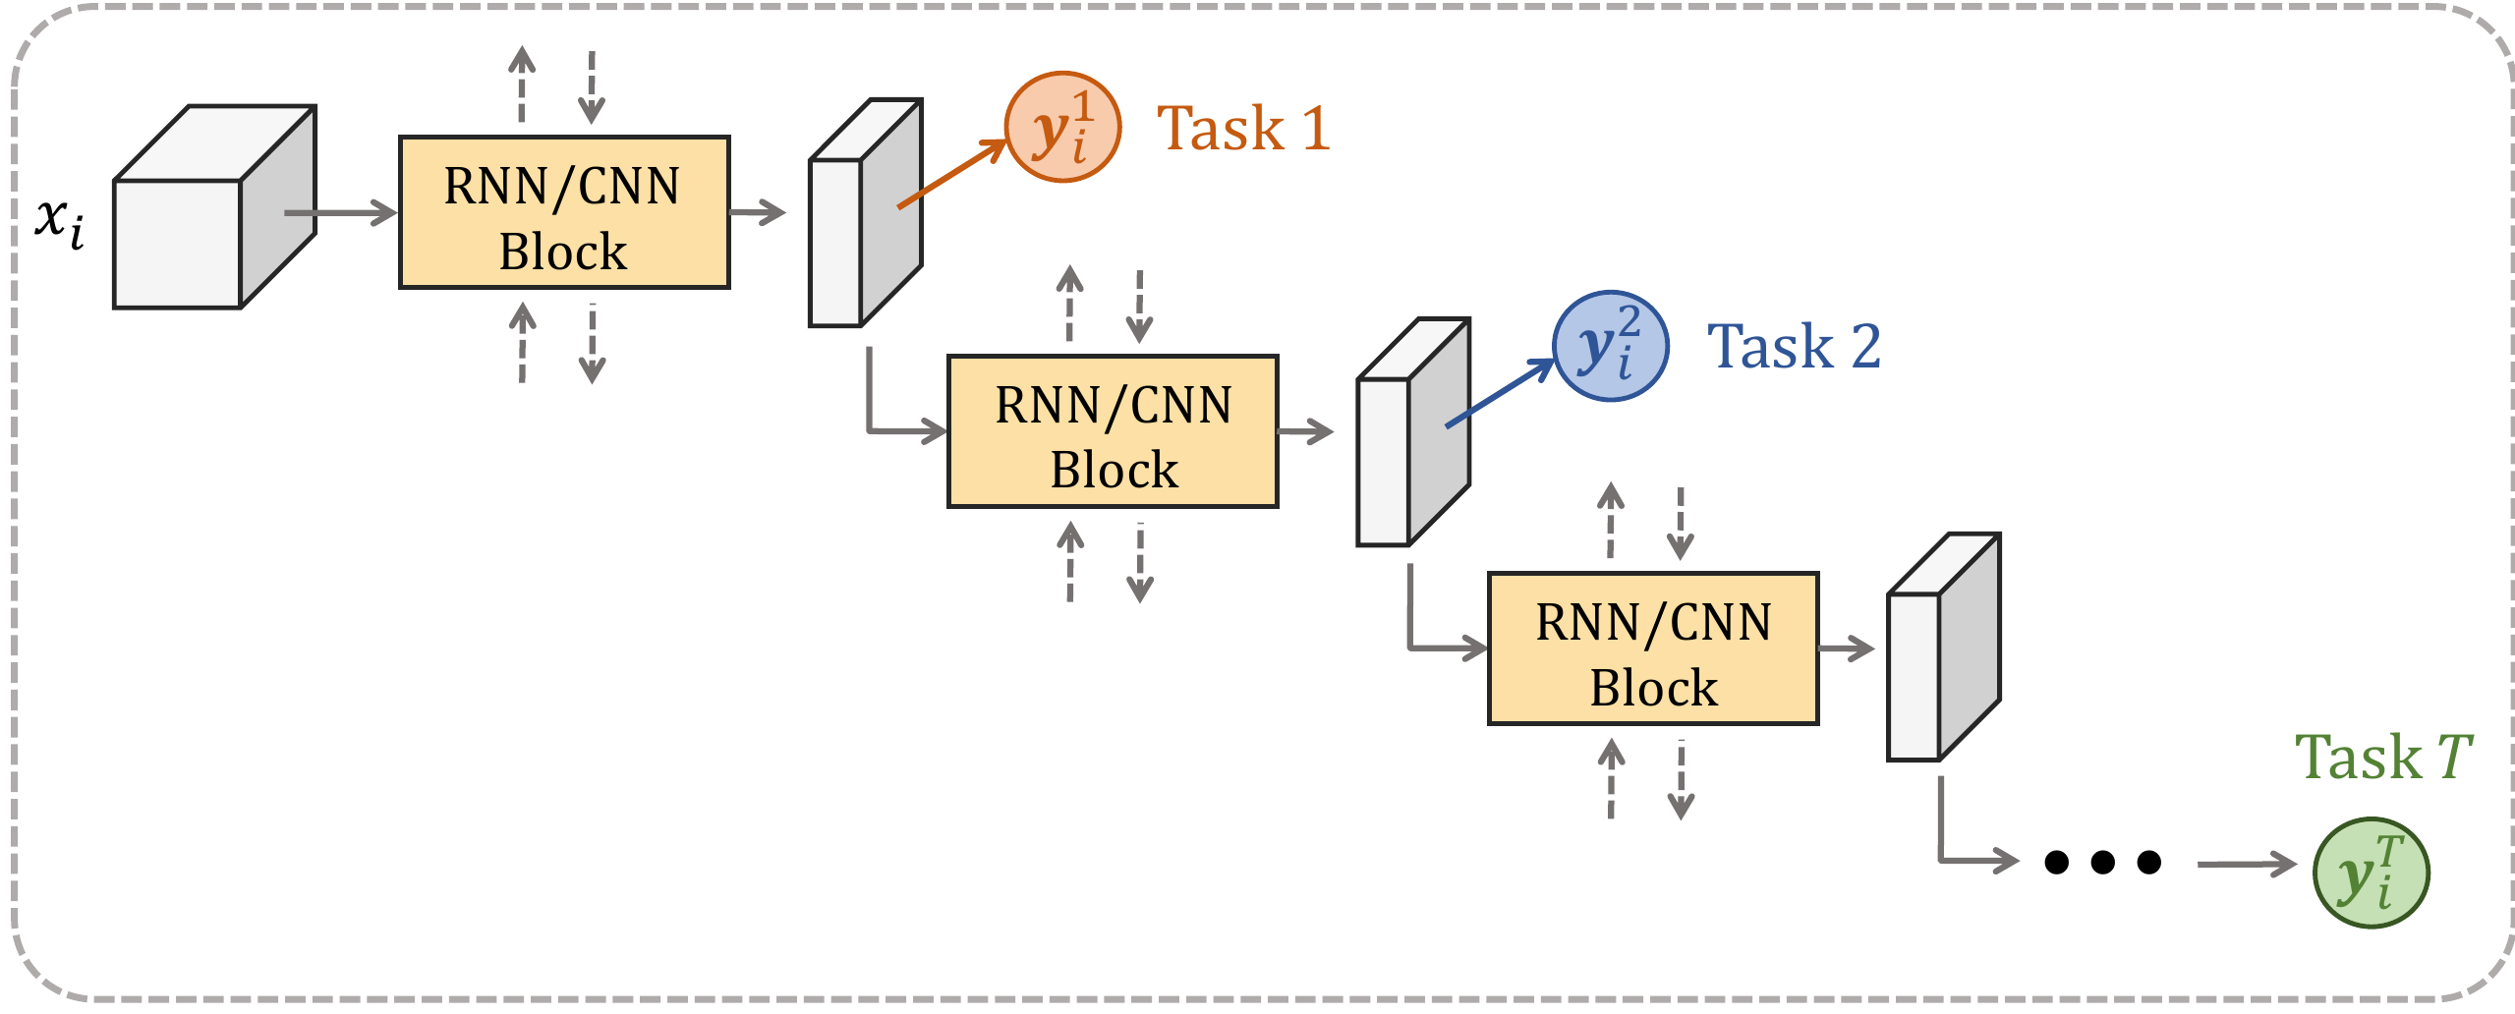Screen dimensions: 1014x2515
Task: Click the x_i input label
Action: click(59, 221)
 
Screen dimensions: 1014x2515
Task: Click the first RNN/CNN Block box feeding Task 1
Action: click(563, 212)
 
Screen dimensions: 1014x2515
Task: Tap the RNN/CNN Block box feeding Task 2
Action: click(1112, 431)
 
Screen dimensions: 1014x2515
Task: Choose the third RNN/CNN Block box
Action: click(1652, 648)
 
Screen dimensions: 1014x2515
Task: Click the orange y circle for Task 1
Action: click(1062, 128)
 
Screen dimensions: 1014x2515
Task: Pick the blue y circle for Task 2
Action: click(1610, 346)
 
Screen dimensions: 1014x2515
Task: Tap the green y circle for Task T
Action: click(2370, 873)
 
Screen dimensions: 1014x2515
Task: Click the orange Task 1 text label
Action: click(1243, 129)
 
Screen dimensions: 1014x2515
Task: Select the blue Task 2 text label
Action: click(1794, 347)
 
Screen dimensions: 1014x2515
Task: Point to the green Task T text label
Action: click(2382, 758)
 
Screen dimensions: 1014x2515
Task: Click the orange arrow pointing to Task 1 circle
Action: click(951, 174)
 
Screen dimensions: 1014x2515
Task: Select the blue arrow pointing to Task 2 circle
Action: click(1499, 393)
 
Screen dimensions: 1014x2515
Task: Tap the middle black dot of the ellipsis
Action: click(2102, 863)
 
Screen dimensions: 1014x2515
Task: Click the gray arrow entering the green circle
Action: click(2245, 865)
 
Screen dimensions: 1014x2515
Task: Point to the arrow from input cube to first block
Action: click(339, 212)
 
